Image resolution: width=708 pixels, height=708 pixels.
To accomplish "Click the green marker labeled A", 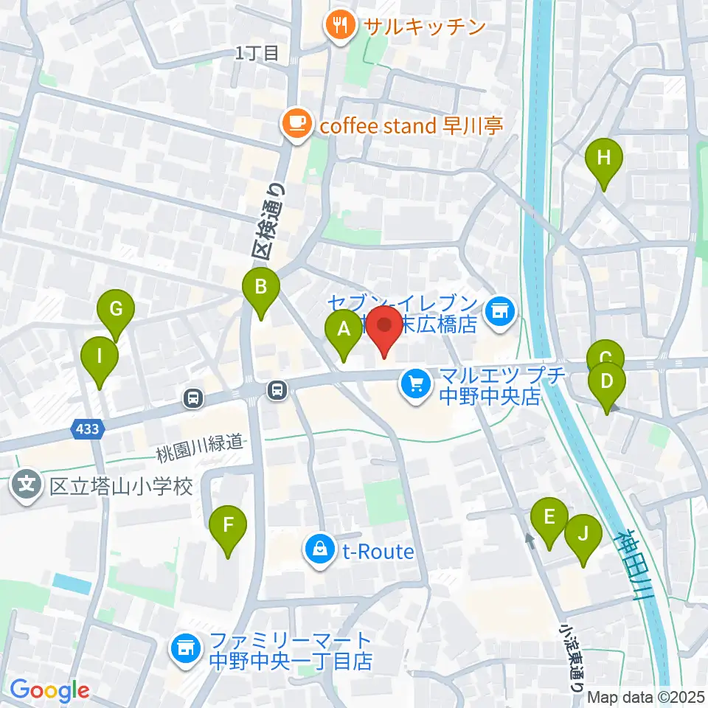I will click(344, 330).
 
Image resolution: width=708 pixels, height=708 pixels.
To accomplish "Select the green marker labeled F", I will click(228, 526).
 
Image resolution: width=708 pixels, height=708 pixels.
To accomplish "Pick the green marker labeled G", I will click(116, 310).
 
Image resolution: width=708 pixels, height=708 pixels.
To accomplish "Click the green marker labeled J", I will click(583, 533).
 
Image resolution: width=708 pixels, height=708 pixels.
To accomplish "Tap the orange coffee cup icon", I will click(296, 123).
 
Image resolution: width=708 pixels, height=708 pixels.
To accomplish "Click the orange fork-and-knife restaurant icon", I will click(339, 26).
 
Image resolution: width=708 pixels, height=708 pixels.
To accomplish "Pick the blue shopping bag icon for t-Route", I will click(321, 550).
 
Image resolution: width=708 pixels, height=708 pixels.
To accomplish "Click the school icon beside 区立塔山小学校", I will click(27, 486).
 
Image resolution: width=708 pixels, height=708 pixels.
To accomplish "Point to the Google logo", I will click(50, 690).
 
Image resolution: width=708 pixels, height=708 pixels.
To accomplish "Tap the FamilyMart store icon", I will click(184, 649).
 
